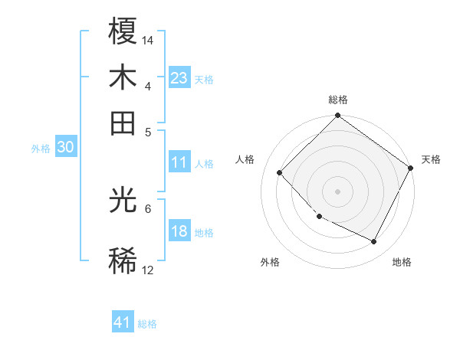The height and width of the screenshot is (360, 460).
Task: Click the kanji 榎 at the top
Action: pos(123,31)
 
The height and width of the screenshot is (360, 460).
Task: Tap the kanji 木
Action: pos(123,78)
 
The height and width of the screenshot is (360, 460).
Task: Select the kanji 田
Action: pos(123,123)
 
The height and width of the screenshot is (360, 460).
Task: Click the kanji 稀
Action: pos(123,261)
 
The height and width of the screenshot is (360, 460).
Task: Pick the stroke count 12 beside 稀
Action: pos(148,270)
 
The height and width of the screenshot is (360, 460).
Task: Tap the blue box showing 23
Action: pos(179,78)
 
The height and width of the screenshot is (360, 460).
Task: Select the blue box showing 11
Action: pos(179,162)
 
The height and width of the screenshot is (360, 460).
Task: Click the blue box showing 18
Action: pos(179,231)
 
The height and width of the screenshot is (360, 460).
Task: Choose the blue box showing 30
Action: pos(65,148)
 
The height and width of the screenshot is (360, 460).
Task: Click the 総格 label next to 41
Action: pos(147,324)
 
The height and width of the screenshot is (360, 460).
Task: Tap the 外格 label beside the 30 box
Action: pos(40,149)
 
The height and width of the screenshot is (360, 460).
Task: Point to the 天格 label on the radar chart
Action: pos(431,159)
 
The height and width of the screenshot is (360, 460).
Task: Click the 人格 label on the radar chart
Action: pos(245,159)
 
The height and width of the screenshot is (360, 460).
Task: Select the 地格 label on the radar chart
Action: pos(402,262)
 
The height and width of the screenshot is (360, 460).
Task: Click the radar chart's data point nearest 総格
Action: pos(337,116)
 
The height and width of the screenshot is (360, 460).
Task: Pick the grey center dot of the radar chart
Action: pos(337,191)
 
